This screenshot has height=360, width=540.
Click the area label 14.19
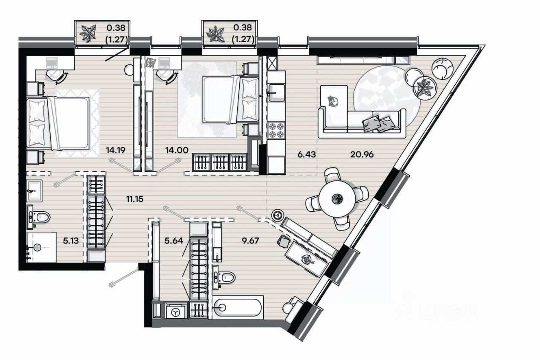116,150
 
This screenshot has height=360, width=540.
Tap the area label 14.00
177,150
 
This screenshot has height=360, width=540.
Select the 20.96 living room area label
362,154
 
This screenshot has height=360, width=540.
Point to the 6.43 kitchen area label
306,154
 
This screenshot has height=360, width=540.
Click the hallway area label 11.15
135,199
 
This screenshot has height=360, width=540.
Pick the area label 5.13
71,241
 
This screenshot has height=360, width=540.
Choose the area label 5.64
173,241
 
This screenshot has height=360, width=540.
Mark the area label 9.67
250,241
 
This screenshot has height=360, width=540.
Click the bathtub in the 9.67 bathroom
238,307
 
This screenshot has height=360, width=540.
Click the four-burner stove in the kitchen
276,130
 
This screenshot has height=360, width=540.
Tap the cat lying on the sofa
333,101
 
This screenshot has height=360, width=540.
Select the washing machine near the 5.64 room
176,312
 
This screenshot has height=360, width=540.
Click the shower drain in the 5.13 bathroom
38,247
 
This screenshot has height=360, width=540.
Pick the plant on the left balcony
88,33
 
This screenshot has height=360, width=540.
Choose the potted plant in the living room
425,87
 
